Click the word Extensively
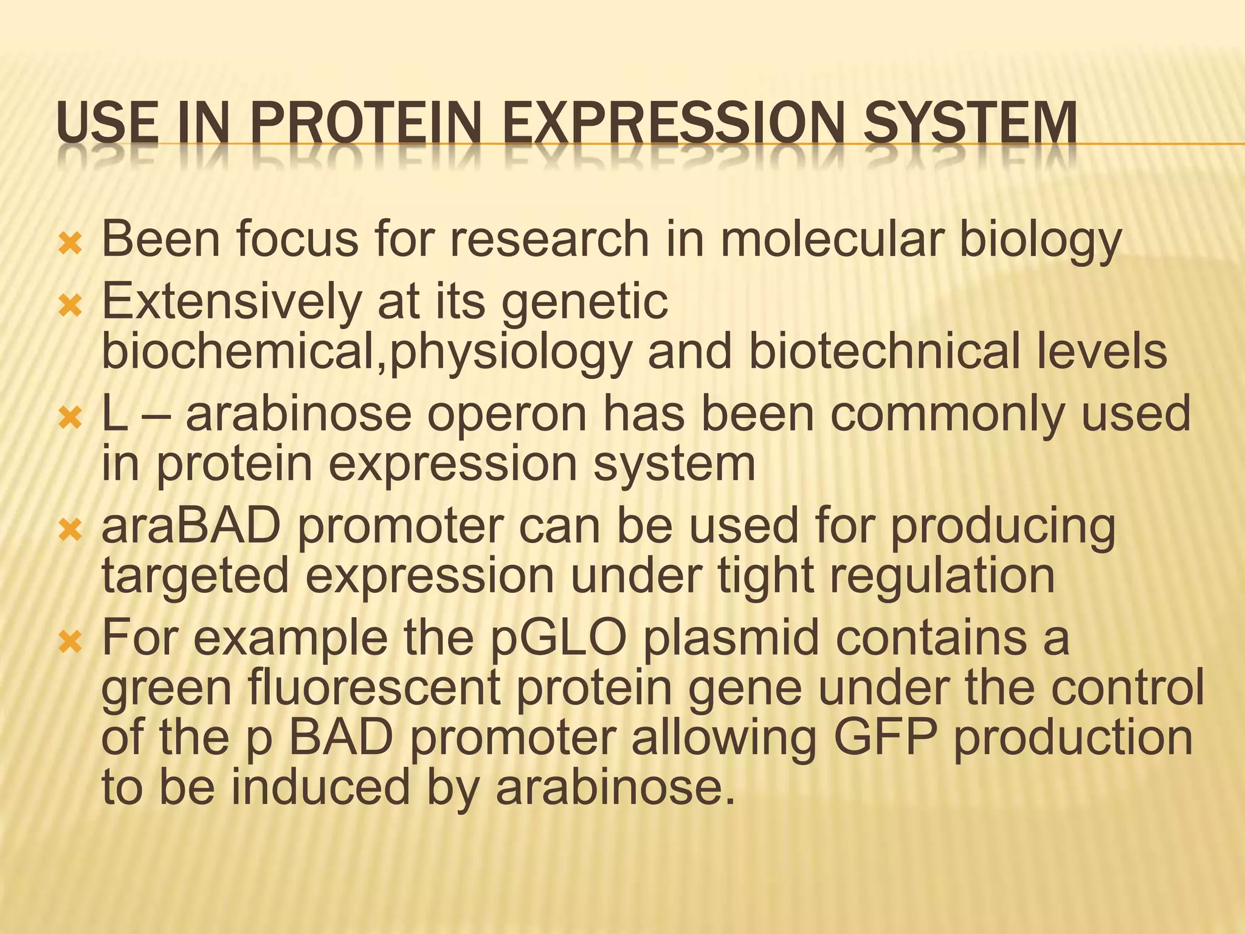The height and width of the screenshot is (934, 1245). (232, 302)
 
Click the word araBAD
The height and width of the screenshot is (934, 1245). (191, 527)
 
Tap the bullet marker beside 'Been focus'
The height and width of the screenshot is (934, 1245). (71, 243)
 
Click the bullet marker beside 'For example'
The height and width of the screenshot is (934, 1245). (71, 642)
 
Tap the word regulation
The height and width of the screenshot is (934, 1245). (942, 576)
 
